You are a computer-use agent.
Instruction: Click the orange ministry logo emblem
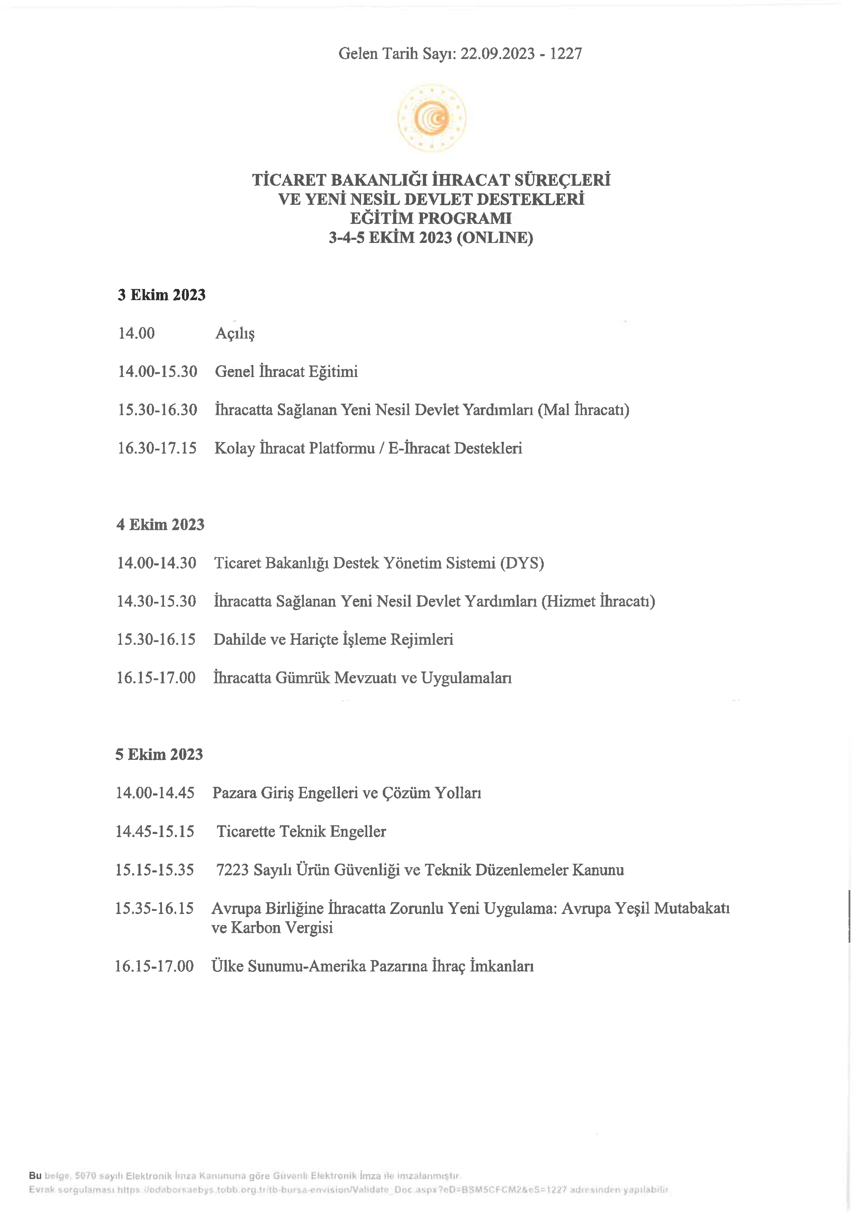(x=432, y=118)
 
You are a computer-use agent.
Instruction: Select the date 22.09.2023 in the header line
(x=497, y=53)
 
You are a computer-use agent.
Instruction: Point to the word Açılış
(x=235, y=334)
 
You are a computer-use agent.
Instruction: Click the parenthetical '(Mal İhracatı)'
(x=583, y=410)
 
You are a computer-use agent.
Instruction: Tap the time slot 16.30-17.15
(x=157, y=448)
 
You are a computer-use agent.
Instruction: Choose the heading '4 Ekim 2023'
(x=160, y=525)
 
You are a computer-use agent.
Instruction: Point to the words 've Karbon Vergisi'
(x=272, y=927)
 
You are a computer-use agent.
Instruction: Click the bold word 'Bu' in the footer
(x=35, y=1176)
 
